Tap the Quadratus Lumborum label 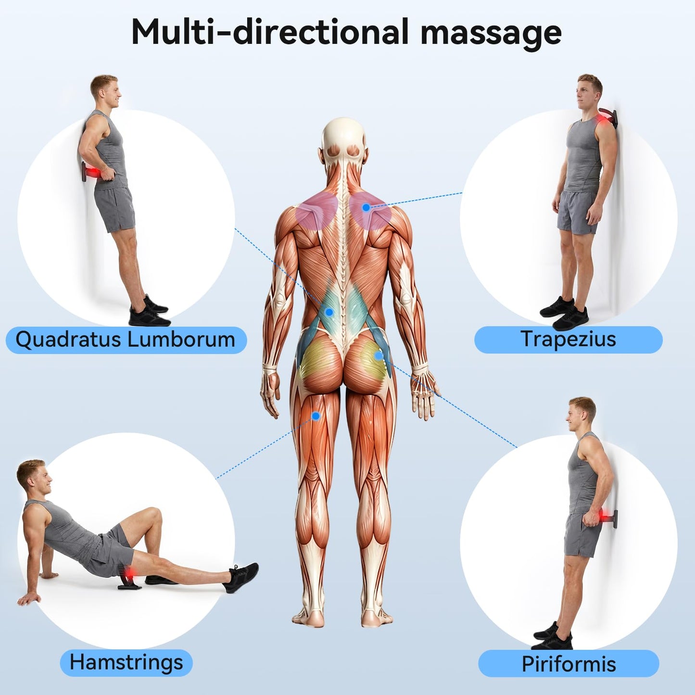[x=126, y=340]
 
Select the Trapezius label [x=569, y=340]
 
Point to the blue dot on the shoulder [x=366, y=207]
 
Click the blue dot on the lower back [x=329, y=312]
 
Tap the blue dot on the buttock [x=379, y=355]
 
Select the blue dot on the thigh [x=316, y=416]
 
